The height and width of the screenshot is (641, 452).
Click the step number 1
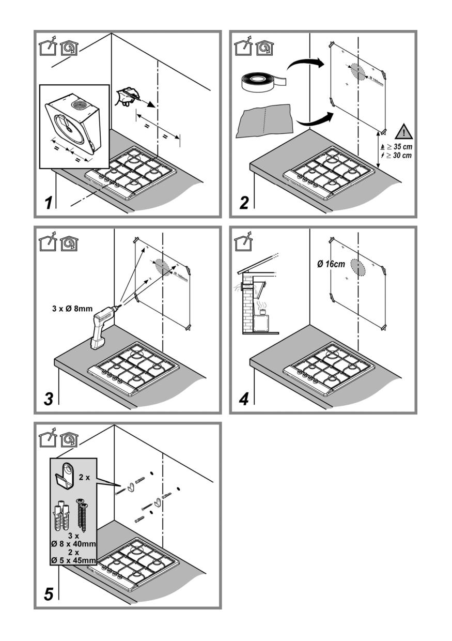tap(48, 203)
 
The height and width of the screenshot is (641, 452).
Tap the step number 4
tap(244, 400)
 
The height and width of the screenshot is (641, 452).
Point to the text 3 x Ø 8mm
tap(69, 309)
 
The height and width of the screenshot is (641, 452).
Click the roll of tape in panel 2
tap(261, 81)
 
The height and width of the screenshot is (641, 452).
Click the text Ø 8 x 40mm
tap(74, 543)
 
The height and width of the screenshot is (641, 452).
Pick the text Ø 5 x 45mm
tap(74, 561)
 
